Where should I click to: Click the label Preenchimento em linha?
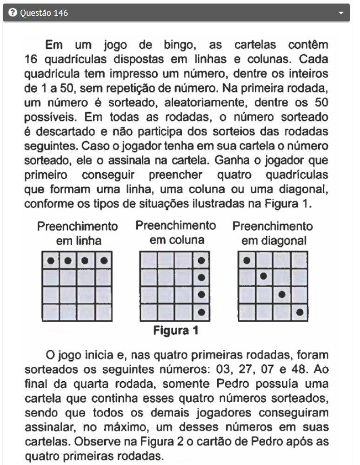77,234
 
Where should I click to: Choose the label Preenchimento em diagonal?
273,234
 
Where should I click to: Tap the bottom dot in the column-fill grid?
201,312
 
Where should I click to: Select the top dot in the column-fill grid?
201,260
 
